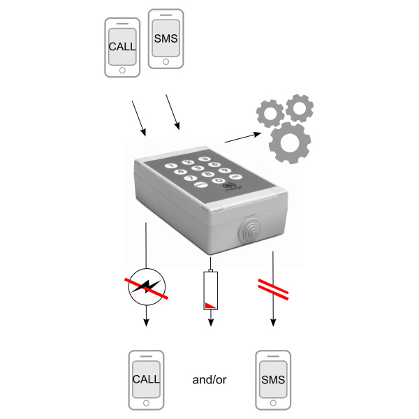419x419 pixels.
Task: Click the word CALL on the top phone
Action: (122, 47)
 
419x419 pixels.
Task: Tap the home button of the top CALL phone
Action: (122, 70)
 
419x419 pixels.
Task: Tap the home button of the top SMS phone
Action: (166, 61)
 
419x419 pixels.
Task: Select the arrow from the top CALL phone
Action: (138, 117)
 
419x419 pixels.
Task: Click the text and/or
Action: (209, 381)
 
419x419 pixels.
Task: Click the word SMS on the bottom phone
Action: (273, 380)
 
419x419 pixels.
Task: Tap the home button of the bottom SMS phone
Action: (273, 403)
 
